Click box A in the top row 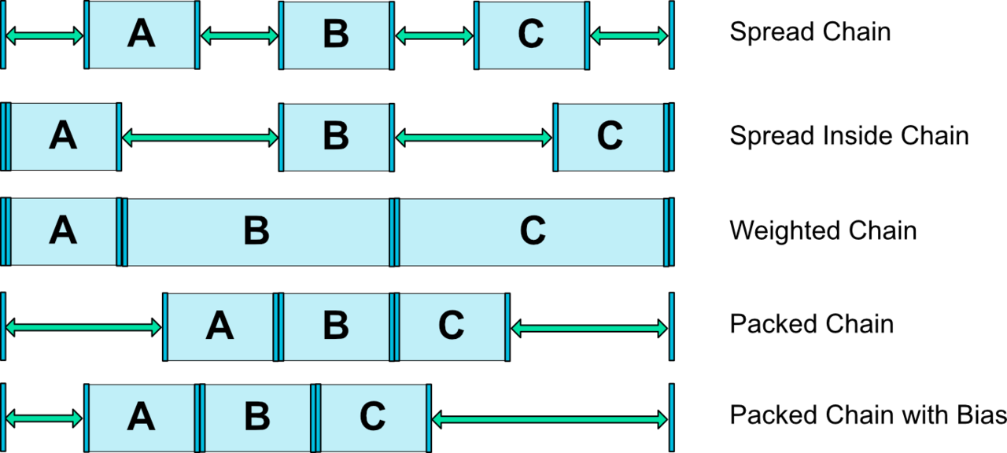(x=142, y=35)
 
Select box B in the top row (x=336, y=35)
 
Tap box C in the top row (x=531, y=35)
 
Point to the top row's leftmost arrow (x=44, y=35)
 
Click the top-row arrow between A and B (x=239, y=35)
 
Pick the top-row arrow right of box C (x=629, y=35)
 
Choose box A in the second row (x=64, y=137)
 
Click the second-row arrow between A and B (x=200, y=138)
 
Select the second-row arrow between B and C (x=474, y=138)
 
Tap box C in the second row (x=610, y=137)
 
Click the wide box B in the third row (x=257, y=232)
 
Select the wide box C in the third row (x=532, y=232)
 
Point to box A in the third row (x=64, y=232)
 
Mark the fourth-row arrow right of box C (x=589, y=328)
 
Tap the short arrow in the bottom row (x=44, y=419)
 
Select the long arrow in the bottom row (x=550, y=419)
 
